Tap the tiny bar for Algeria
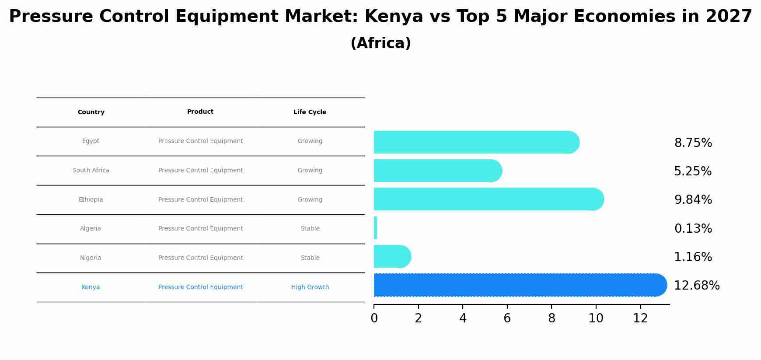[x=375, y=228]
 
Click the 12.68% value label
[x=696, y=286]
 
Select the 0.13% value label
[x=693, y=229]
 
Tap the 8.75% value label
[x=693, y=143]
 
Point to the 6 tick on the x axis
[x=507, y=318]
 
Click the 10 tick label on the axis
[x=596, y=318]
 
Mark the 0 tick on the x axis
[x=374, y=318]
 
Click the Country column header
[x=91, y=112]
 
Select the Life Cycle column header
[x=310, y=112]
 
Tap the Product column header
[x=200, y=112]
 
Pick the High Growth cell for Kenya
[x=310, y=287]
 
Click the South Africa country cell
[x=91, y=171]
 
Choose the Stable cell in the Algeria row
[x=310, y=229]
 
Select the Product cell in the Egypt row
[x=200, y=141]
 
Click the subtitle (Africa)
[x=380, y=43]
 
